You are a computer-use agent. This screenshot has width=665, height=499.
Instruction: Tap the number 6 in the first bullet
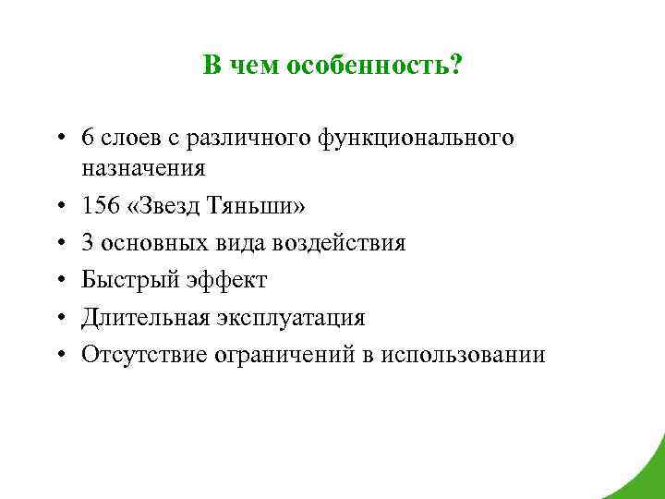click(87, 139)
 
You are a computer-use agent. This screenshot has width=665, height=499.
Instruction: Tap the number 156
click(100, 206)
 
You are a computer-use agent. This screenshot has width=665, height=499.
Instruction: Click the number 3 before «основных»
click(87, 243)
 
